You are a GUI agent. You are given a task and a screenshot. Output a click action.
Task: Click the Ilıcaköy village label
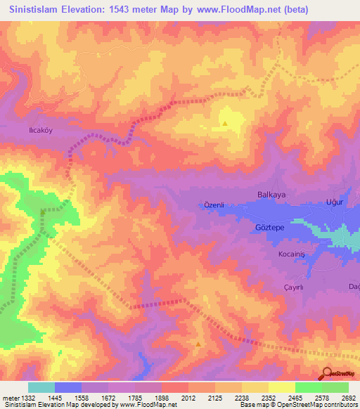coord(37,130)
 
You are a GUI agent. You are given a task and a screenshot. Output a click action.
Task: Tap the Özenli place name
coord(213,204)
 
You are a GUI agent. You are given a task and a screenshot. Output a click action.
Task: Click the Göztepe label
coord(268,228)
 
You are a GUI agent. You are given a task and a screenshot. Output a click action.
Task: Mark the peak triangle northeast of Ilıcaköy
coord(225,124)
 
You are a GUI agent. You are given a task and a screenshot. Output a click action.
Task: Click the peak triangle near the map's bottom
coord(198,344)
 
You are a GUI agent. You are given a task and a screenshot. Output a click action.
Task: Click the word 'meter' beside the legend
coord(9,398)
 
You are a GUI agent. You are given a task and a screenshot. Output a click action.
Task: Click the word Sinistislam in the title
coord(38,9)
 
